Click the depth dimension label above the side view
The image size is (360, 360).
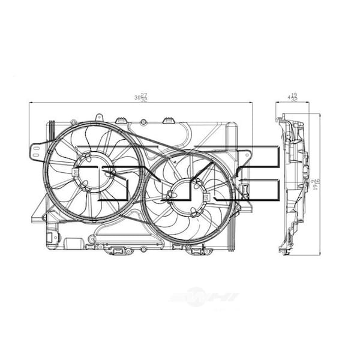pos(293,97)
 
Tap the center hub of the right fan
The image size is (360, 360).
pos(190,196)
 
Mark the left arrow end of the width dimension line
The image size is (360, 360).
pos(30,103)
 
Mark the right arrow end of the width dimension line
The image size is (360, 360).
pos(252,103)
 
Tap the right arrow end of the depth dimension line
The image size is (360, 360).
pos(310,103)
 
